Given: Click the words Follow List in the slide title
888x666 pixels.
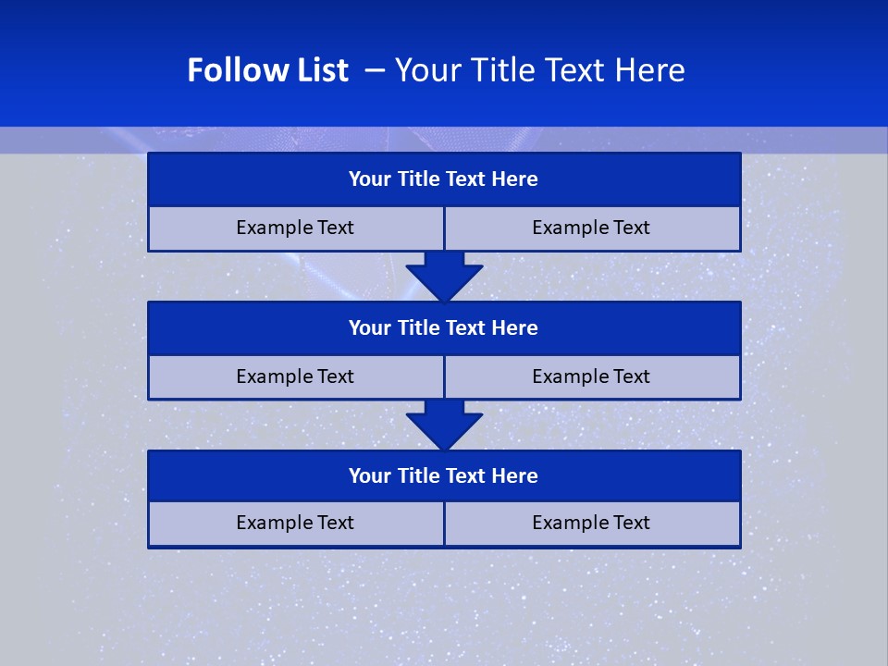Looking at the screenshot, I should (267, 70).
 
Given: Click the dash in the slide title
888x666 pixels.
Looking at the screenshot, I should (375, 70).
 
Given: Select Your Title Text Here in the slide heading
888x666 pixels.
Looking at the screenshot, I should (539, 70).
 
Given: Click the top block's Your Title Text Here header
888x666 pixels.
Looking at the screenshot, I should (443, 179).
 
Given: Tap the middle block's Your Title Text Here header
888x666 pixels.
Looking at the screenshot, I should (443, 327).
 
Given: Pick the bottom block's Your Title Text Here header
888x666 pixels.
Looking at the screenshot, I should (443, 475).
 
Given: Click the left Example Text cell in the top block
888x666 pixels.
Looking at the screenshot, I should (295, 228).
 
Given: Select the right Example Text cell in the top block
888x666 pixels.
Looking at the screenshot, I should (591, 228).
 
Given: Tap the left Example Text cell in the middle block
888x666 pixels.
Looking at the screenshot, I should (295, 376).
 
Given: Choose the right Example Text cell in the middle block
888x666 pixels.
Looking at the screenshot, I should (591, 376).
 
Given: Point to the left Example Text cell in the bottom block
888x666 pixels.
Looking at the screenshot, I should (295, 523).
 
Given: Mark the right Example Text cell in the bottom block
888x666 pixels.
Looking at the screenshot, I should (591, 523).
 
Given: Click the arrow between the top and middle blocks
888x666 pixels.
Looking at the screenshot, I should (444, 277).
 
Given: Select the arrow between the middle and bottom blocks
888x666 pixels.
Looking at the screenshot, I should (444, 425).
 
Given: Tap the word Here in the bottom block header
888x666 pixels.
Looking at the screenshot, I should (515, 475).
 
